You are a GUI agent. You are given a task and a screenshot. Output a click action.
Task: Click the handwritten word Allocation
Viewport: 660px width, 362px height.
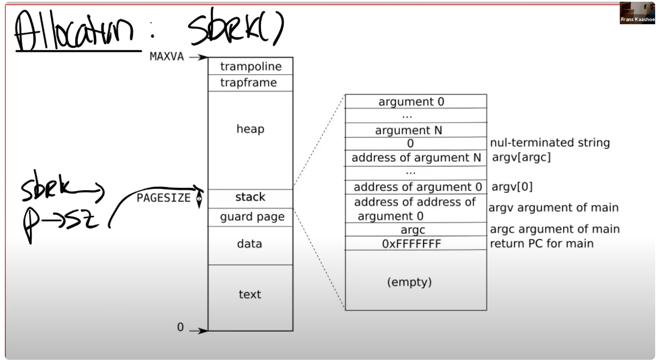pos(75,32)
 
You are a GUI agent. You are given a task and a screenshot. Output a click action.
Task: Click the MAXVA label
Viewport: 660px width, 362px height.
pos(167,57)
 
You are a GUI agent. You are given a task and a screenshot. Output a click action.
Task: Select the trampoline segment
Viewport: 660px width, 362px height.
pos(251,66)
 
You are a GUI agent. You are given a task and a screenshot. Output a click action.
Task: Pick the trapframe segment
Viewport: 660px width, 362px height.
pos(248,83)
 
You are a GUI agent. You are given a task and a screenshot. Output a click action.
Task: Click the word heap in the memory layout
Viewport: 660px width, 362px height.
pos(250,129)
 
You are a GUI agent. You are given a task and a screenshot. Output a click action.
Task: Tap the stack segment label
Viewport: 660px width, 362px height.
pos(250,197)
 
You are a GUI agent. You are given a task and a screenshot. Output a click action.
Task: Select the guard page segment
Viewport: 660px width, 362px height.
pos(252,217)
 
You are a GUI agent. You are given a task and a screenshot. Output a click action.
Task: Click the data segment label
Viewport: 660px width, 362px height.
pos(249,244)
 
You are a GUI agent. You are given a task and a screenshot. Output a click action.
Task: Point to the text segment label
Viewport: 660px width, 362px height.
pos(250,294)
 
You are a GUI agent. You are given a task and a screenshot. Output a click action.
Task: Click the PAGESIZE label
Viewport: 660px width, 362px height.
pos(163,198)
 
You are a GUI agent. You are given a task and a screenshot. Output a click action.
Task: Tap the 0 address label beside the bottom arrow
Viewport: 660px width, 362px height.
pos(180,327)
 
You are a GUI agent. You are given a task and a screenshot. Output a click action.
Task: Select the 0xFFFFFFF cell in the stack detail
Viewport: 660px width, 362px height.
pos(411,244)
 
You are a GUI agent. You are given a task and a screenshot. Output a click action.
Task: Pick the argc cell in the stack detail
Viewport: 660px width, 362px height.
pos(412,230)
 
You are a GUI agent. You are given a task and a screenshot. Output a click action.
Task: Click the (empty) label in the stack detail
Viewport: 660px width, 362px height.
pos(409,282)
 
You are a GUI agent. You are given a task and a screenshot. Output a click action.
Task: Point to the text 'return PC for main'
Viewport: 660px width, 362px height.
pos(542,244)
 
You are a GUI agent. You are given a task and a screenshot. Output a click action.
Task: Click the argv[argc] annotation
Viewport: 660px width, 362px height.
pos(521,157)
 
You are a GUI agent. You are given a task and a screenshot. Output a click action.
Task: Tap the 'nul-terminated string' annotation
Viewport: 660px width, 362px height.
pos(550,143)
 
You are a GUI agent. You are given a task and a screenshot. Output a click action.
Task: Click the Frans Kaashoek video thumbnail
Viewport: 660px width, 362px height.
pos(637,13)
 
